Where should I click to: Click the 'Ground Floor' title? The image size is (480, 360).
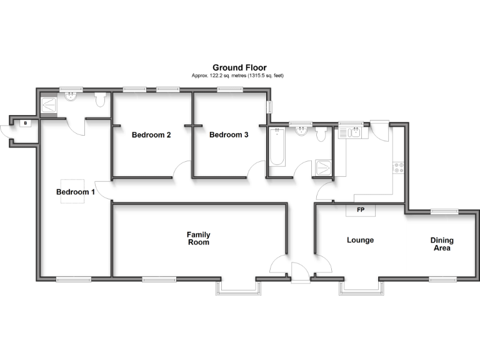pos(239,67)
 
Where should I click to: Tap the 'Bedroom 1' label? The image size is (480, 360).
pos(76,192)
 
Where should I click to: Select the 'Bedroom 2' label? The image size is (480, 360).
pos(151,135)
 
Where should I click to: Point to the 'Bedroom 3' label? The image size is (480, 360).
pos(229,135)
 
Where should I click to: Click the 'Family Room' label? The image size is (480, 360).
pos(197,238)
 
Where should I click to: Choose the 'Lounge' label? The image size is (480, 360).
pos(361,240)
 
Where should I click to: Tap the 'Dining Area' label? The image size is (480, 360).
pos(442,244)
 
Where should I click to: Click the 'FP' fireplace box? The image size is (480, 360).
pos(361,210)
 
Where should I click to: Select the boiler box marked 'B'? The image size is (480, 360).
pos(26,123)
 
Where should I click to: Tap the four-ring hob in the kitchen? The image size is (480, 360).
pos(398,167)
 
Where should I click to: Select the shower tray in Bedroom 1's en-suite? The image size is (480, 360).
pos(48,104)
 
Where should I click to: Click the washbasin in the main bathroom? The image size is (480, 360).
pos(302,131)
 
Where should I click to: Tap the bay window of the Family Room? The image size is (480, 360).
pos(238,287)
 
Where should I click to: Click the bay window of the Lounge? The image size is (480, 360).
pos(362,287)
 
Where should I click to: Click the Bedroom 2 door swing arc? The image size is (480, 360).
pos(181,168)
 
